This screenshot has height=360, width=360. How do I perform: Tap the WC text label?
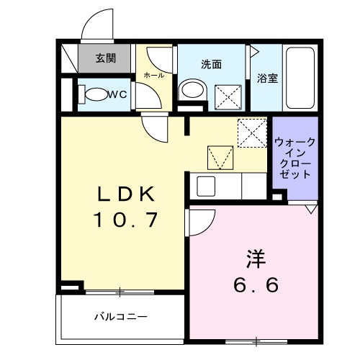119,94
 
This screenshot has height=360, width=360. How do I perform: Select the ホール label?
153,75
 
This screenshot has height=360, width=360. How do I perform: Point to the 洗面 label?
211,63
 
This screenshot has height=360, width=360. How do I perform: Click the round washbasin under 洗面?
191,91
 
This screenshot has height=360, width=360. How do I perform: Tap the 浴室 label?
267,78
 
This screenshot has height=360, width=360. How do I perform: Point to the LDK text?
127,194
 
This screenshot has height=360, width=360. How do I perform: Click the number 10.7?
127,220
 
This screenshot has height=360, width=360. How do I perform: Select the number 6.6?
255,286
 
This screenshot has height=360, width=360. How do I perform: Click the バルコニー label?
120,315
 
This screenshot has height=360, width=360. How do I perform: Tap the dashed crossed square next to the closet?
253,132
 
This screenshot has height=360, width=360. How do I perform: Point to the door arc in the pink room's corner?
201,221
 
